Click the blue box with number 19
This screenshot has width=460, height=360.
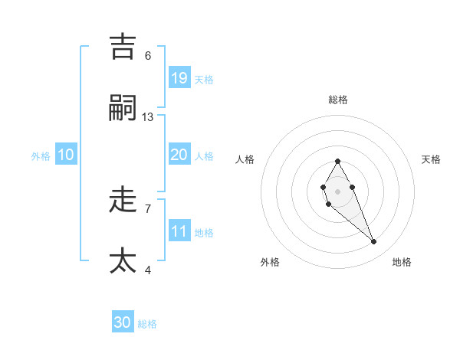[179, 78]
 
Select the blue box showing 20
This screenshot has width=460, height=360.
[179, 155]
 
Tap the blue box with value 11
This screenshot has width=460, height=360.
[179, 231]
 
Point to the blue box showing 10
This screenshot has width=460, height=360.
[66, 155]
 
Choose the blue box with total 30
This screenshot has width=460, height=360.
[123, 322]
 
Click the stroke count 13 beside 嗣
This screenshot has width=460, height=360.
[148, 117]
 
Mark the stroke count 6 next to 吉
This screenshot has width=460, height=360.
[148, 56]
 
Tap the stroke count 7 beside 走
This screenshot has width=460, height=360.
[148, 208]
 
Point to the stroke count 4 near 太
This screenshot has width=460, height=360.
[148, 270]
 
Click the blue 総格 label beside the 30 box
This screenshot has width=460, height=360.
[147, 324]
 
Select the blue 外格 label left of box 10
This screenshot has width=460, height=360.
[41, 156]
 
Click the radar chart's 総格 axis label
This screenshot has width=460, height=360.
[338, 100]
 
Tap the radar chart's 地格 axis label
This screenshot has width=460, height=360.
[402, 262]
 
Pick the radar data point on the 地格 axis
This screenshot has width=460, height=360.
[374, 242]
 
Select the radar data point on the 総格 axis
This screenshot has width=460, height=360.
[337, 162]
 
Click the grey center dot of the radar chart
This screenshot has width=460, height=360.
[337, 190]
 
